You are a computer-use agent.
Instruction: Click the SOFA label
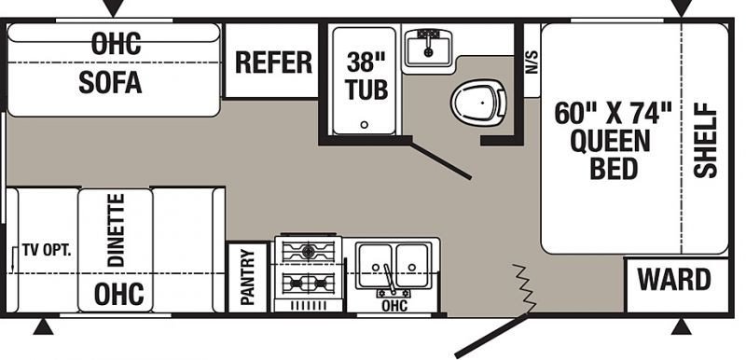(110, 82)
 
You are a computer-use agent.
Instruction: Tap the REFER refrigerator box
(271, 61)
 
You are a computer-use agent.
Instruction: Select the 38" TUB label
(366, 76)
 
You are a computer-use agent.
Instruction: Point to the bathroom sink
(428, 48)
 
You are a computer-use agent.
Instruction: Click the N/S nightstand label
(532, 62)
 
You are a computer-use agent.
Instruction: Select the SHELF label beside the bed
(705, 141)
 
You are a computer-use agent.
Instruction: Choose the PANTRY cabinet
(247, 278)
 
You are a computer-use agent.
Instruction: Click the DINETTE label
(116, 229)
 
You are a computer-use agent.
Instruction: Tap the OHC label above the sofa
(116, 43)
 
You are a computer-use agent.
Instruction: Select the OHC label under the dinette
(119, 294)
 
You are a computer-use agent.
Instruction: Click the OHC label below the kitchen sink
(394, 305)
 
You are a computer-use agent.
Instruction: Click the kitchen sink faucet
(389, 280)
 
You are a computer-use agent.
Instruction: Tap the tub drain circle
(364, 125)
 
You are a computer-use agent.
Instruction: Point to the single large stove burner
(308, 252)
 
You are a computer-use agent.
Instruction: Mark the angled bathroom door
(441, 159)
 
